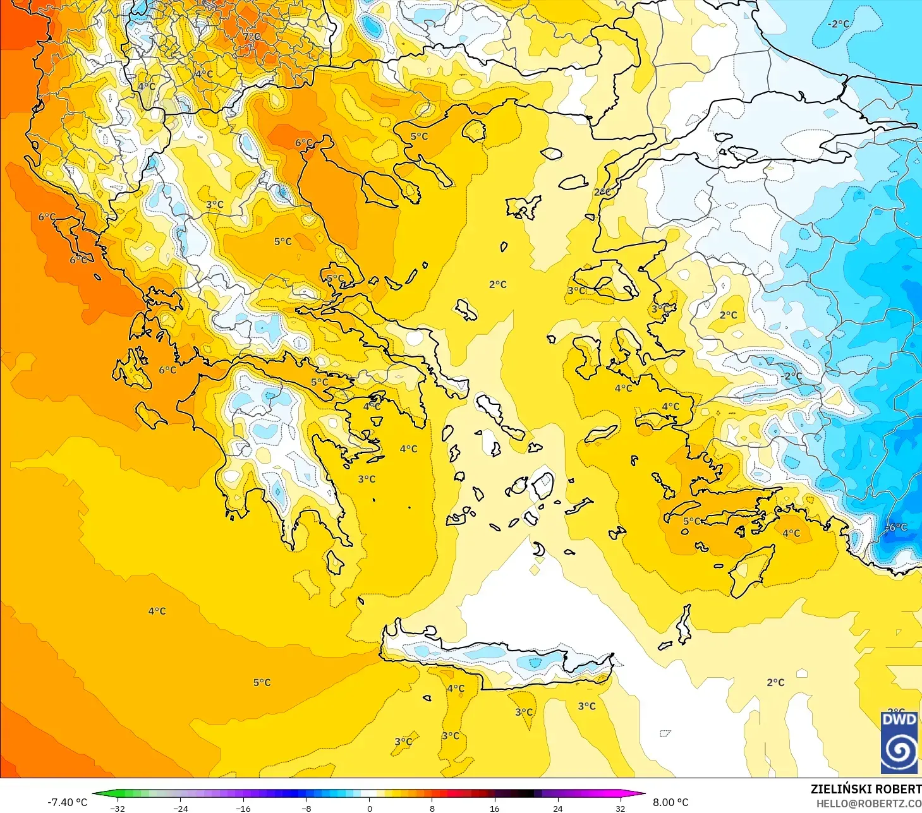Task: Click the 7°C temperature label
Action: pos(252,37)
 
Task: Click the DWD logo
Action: pos(899,742)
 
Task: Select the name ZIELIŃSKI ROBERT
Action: pos(866,789)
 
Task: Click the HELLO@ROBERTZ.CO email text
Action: pos(868,804)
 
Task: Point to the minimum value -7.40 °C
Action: pos(67,802)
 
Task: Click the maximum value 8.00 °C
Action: pos(670,802)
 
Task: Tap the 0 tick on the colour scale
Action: pos(370,809)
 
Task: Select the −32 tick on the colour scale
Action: pos(118,809)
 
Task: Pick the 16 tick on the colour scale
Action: pos(495,809)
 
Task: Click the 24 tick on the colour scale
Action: pos(557,809)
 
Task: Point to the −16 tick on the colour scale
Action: pos(243,809)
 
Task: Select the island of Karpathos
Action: pos(683,624)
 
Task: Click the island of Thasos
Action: pos(474,131)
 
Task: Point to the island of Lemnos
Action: pos(523,207)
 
